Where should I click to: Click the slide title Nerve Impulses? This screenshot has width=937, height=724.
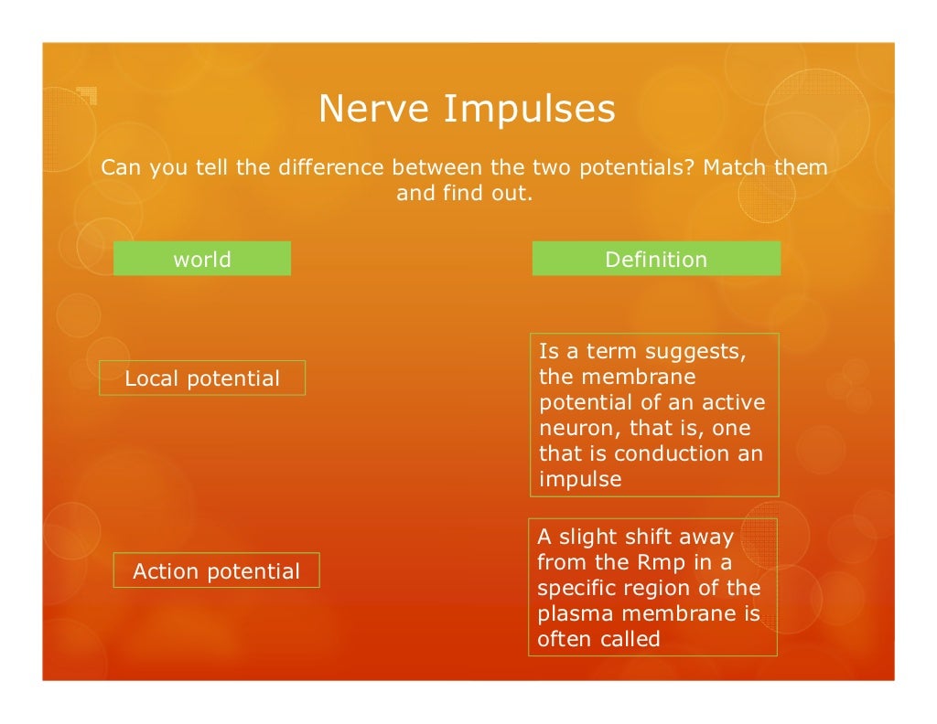467,110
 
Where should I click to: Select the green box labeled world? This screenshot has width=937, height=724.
202,259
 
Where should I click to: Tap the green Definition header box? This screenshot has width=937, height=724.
656,259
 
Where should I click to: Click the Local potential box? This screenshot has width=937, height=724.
202,378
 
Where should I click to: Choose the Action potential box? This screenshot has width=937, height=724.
216,571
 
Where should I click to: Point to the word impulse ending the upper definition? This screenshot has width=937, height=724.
580,480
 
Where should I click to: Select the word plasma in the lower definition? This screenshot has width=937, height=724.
572,613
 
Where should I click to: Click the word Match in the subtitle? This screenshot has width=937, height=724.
735,168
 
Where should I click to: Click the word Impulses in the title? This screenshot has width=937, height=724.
530,110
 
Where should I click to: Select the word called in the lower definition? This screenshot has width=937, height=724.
630,639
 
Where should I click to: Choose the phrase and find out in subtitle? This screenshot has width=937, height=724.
464,194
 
